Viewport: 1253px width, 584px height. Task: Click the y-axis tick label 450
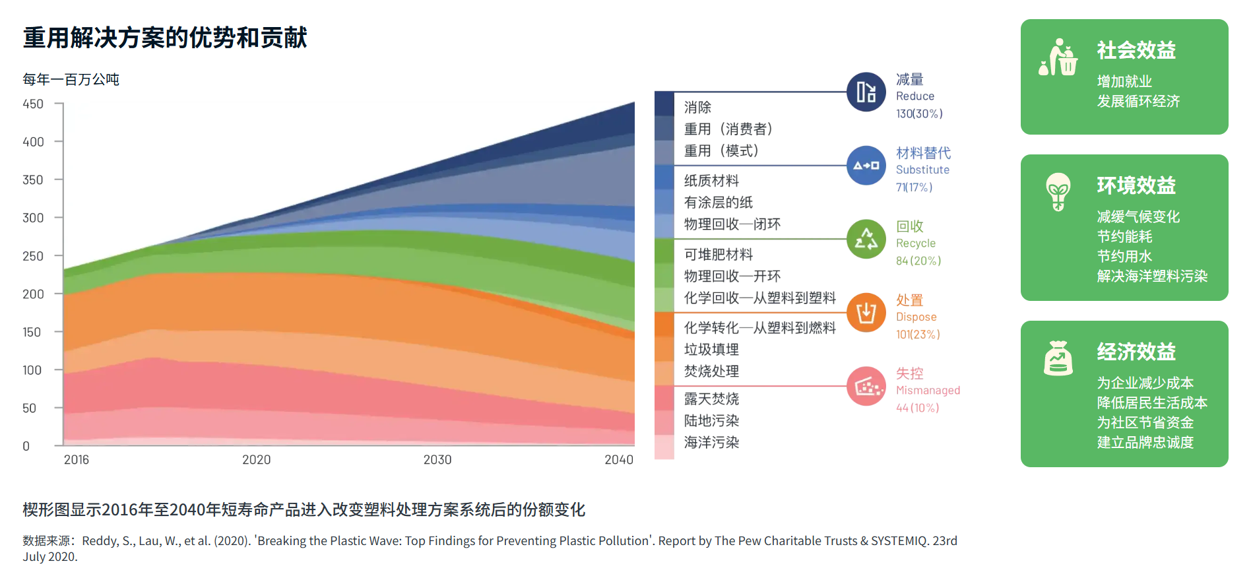tap(33, 104)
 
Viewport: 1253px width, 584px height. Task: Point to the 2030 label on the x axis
tap(437, 460)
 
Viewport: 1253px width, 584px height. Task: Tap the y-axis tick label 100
tap(32, 370)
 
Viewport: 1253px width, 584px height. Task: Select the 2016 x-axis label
tap(77, 460)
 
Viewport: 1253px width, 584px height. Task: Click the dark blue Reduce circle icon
tap(866, 92)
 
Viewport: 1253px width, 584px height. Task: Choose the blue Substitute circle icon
tap(866, 166)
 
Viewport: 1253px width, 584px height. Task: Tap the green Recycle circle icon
tap(866, 239)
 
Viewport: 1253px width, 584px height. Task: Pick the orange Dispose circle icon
tap(866, 313)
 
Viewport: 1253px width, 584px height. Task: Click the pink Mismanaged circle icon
tap(866, 386)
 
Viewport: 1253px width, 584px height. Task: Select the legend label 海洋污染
tap(711, 443)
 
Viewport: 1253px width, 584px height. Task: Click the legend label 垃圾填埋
tap(711, 350)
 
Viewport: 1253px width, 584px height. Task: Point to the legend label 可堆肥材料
tap(718, 255)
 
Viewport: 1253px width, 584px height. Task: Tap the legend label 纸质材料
tap(711, 181)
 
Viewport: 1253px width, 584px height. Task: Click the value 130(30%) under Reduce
tap(919, 114)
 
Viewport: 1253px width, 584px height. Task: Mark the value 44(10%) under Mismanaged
tap(917, 408)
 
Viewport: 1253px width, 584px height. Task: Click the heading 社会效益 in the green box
tap(1136, 50)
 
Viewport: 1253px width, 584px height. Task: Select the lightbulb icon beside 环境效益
tap(1058, 191)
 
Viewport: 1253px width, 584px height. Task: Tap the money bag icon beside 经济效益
tap(1058, 358)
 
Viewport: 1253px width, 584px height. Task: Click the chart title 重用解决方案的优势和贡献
tap(165, 38)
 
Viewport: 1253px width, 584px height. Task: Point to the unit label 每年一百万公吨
tap(71, 80)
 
